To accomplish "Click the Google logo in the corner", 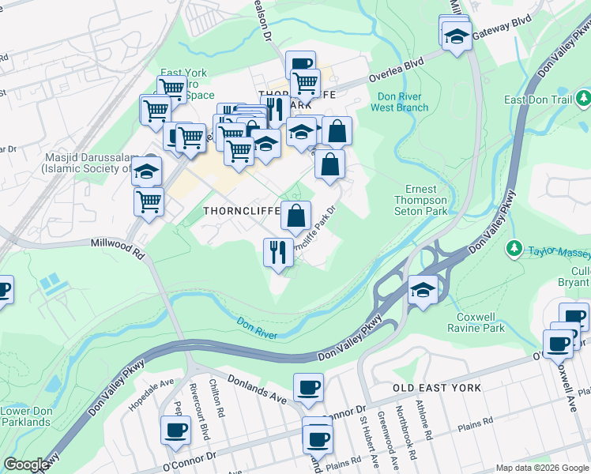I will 26,465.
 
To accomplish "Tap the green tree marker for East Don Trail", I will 583,99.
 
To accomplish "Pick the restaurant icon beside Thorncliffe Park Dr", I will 278,252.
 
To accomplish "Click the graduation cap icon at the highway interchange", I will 423,290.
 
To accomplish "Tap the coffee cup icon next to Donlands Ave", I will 308,387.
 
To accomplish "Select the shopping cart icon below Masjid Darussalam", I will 149,202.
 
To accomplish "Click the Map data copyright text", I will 542,468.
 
